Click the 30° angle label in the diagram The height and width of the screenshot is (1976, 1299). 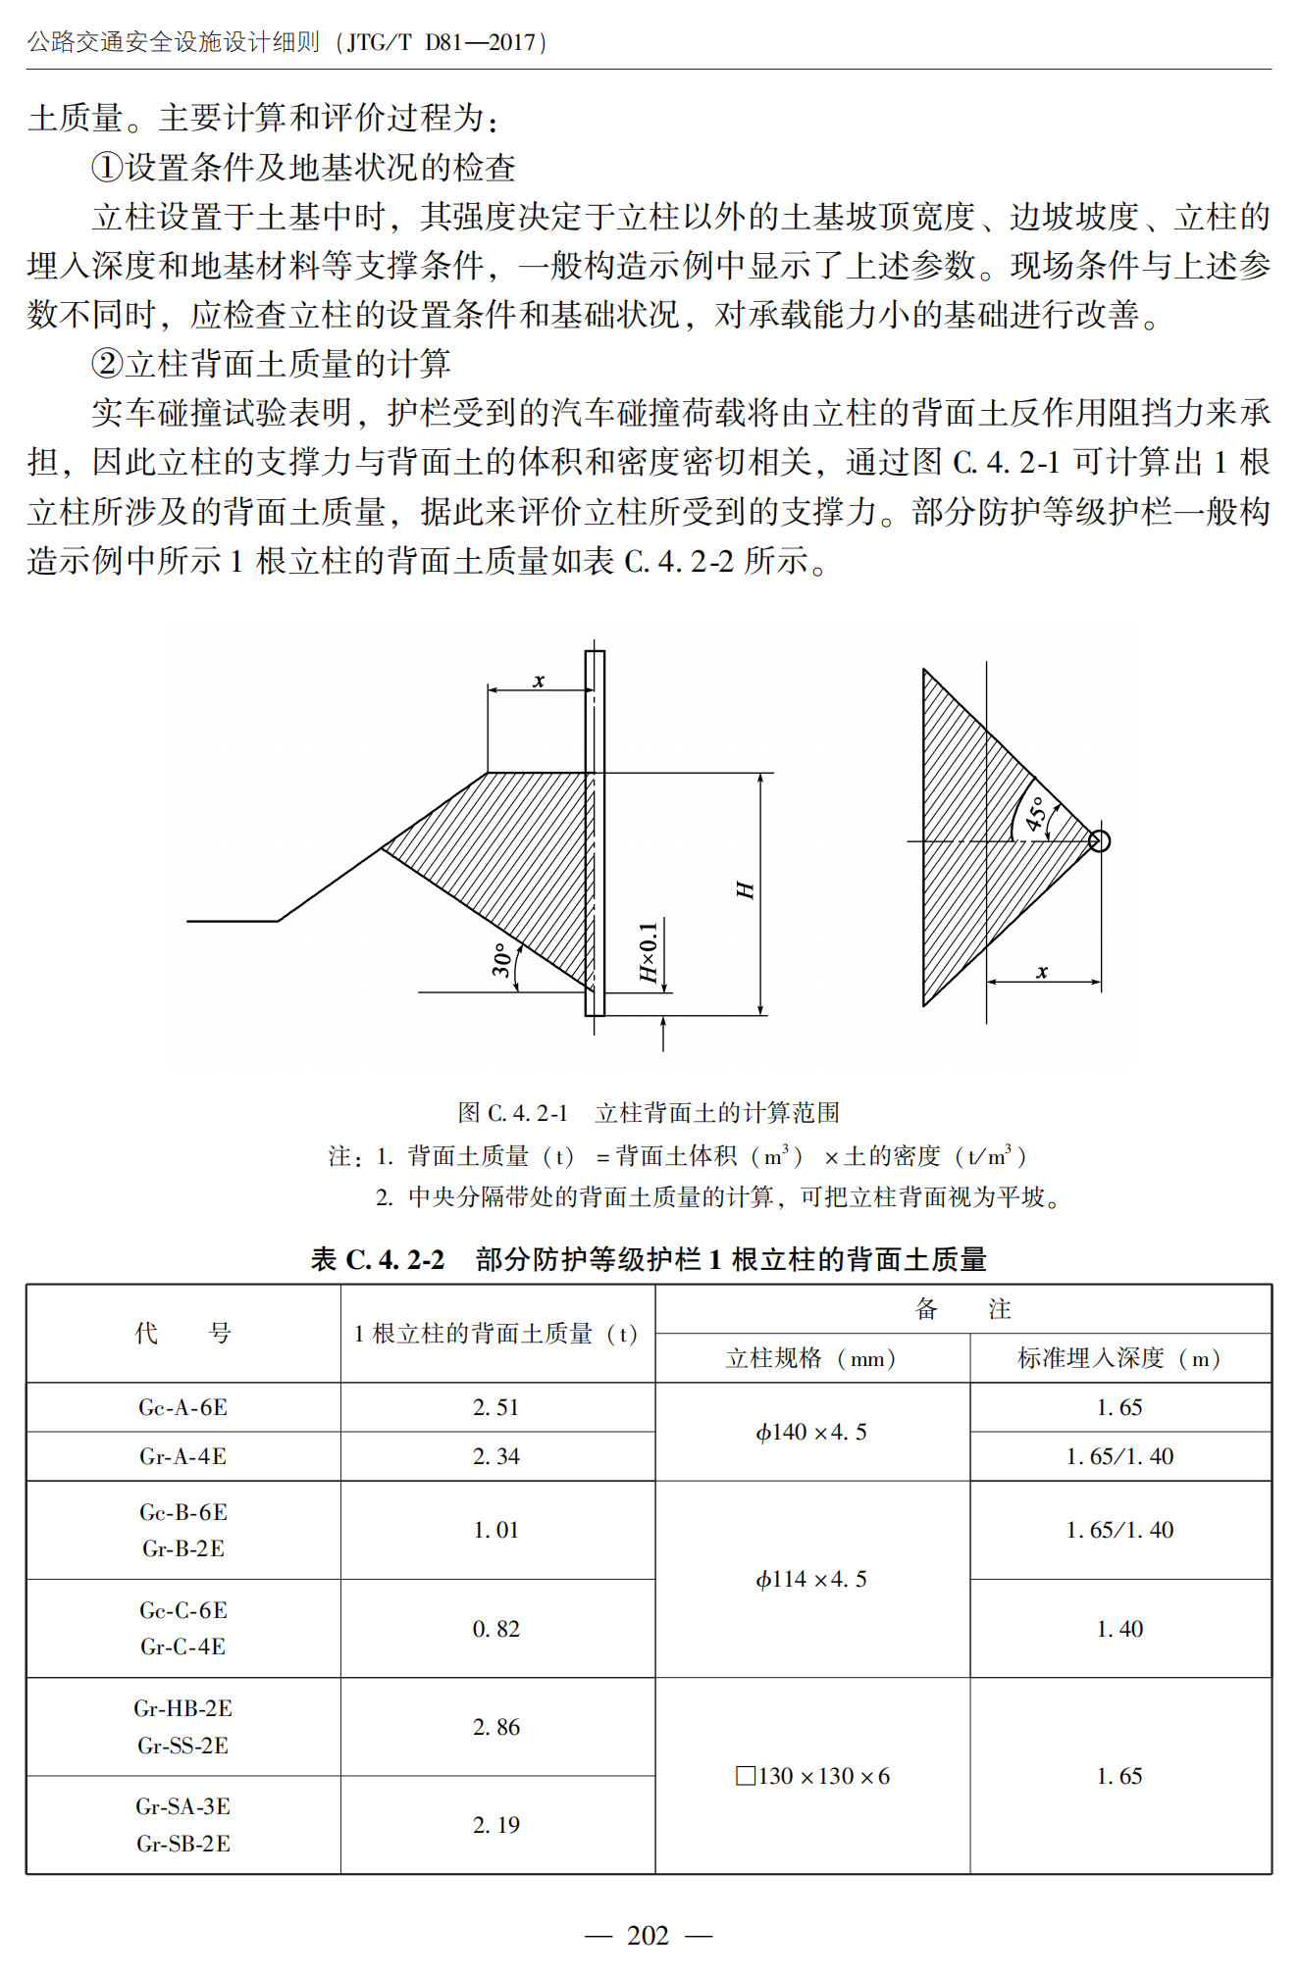[x=502, y=960]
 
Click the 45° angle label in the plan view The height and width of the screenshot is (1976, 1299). [x=1036, y=814]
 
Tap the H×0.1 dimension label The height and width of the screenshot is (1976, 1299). [x=648, y=952]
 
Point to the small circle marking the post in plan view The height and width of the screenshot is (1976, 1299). [x=1099, y=840]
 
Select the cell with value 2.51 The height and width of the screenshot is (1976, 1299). [x=496, y=1407]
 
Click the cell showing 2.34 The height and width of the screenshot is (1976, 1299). [x=496, y=1456]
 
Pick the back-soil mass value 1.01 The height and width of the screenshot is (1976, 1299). [x=496, y=1530]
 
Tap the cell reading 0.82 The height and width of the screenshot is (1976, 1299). [x=496, y=1629]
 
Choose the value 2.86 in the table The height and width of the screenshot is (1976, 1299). [x=496, y=1727]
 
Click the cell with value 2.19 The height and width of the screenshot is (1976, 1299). [x=496, y=1825]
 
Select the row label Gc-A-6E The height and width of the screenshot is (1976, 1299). [x=183, y=1407]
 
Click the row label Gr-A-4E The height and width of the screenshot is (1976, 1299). [x=183, y=1456]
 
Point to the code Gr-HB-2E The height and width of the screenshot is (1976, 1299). [x=183, y=1708]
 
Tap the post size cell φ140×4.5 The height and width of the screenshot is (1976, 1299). [x=811, y=1432]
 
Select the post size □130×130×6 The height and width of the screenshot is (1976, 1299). [x=812, y=1776]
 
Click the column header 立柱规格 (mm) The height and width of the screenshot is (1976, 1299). [x=811, y=1358]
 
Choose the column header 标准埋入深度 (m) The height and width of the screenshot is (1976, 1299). [x=1119, y=1358]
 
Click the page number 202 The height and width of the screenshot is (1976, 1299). [x=648, y=1935]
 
